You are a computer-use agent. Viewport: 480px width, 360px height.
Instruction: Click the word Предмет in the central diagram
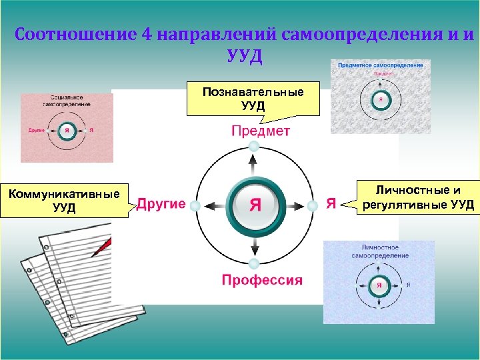coord(261,131)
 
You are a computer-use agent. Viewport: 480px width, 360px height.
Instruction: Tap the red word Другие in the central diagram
coord(161,204)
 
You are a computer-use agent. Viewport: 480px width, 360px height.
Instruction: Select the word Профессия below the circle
coord(262,279)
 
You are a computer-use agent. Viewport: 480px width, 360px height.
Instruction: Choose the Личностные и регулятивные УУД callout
coord(418,197)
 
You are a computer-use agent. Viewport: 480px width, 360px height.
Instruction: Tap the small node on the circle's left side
coord(195,206)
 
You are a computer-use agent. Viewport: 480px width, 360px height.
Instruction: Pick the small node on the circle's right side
coord(311,205)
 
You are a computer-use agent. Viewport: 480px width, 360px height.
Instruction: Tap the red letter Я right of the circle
coord(331,204)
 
